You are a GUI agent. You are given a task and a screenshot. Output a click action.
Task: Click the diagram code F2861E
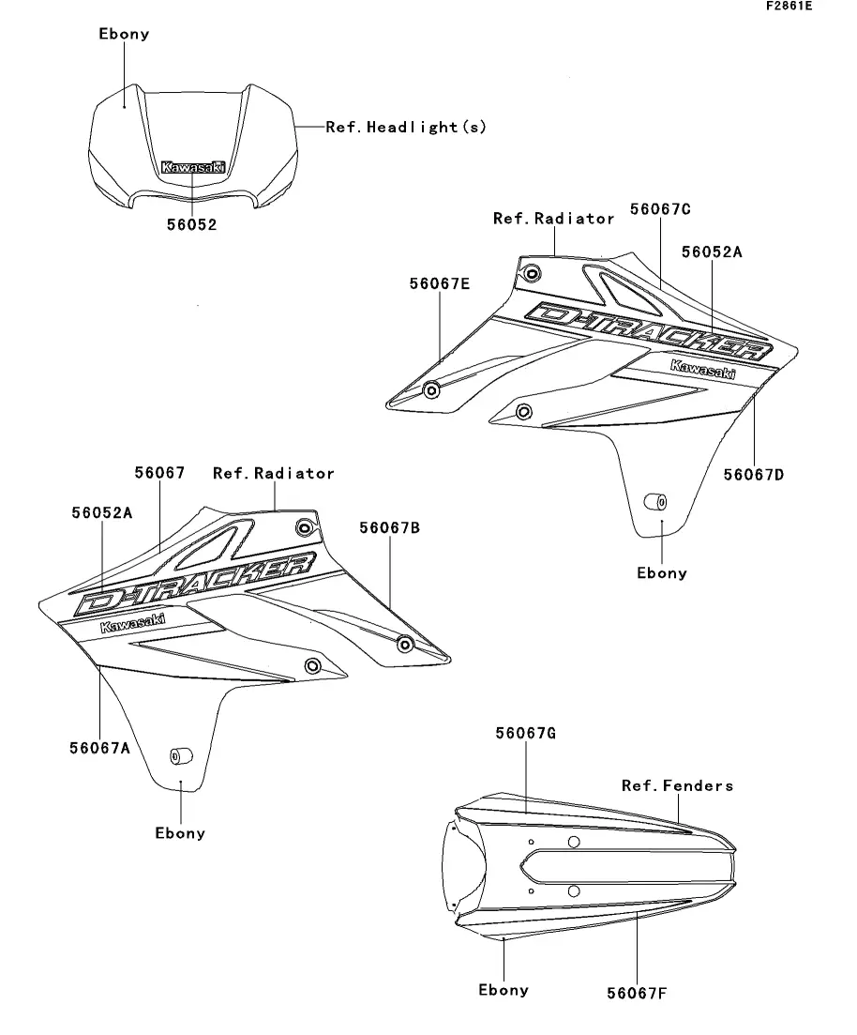click(x=789, y=7)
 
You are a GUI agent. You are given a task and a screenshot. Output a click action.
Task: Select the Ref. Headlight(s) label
click(x=406, y=127)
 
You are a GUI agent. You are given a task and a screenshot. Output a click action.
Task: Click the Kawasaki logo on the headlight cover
click(x=193, y=167)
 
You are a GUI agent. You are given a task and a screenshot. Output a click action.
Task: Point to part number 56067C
click(x=661, y=208)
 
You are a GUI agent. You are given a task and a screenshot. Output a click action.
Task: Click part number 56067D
click(x=753, y=474)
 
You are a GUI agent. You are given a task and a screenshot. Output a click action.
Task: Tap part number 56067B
click(x=389, y=528)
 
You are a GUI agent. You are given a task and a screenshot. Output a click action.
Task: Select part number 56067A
click(x=98, y=747)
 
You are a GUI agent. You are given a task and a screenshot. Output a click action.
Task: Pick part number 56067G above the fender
click(x=525, y=733)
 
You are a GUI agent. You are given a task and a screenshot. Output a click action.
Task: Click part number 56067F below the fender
click(x=636, y=993)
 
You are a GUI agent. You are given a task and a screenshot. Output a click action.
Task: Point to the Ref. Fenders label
click(x=677, y=785)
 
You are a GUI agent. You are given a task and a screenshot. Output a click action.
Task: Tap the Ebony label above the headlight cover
click(x=124, y=34)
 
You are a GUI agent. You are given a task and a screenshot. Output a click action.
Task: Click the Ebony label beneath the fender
click(x=504, y=990)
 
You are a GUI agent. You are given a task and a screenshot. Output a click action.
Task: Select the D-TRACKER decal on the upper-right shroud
click(x=649, y=332)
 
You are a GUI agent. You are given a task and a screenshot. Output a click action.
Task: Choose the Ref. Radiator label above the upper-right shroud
click(x=553, y=219)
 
